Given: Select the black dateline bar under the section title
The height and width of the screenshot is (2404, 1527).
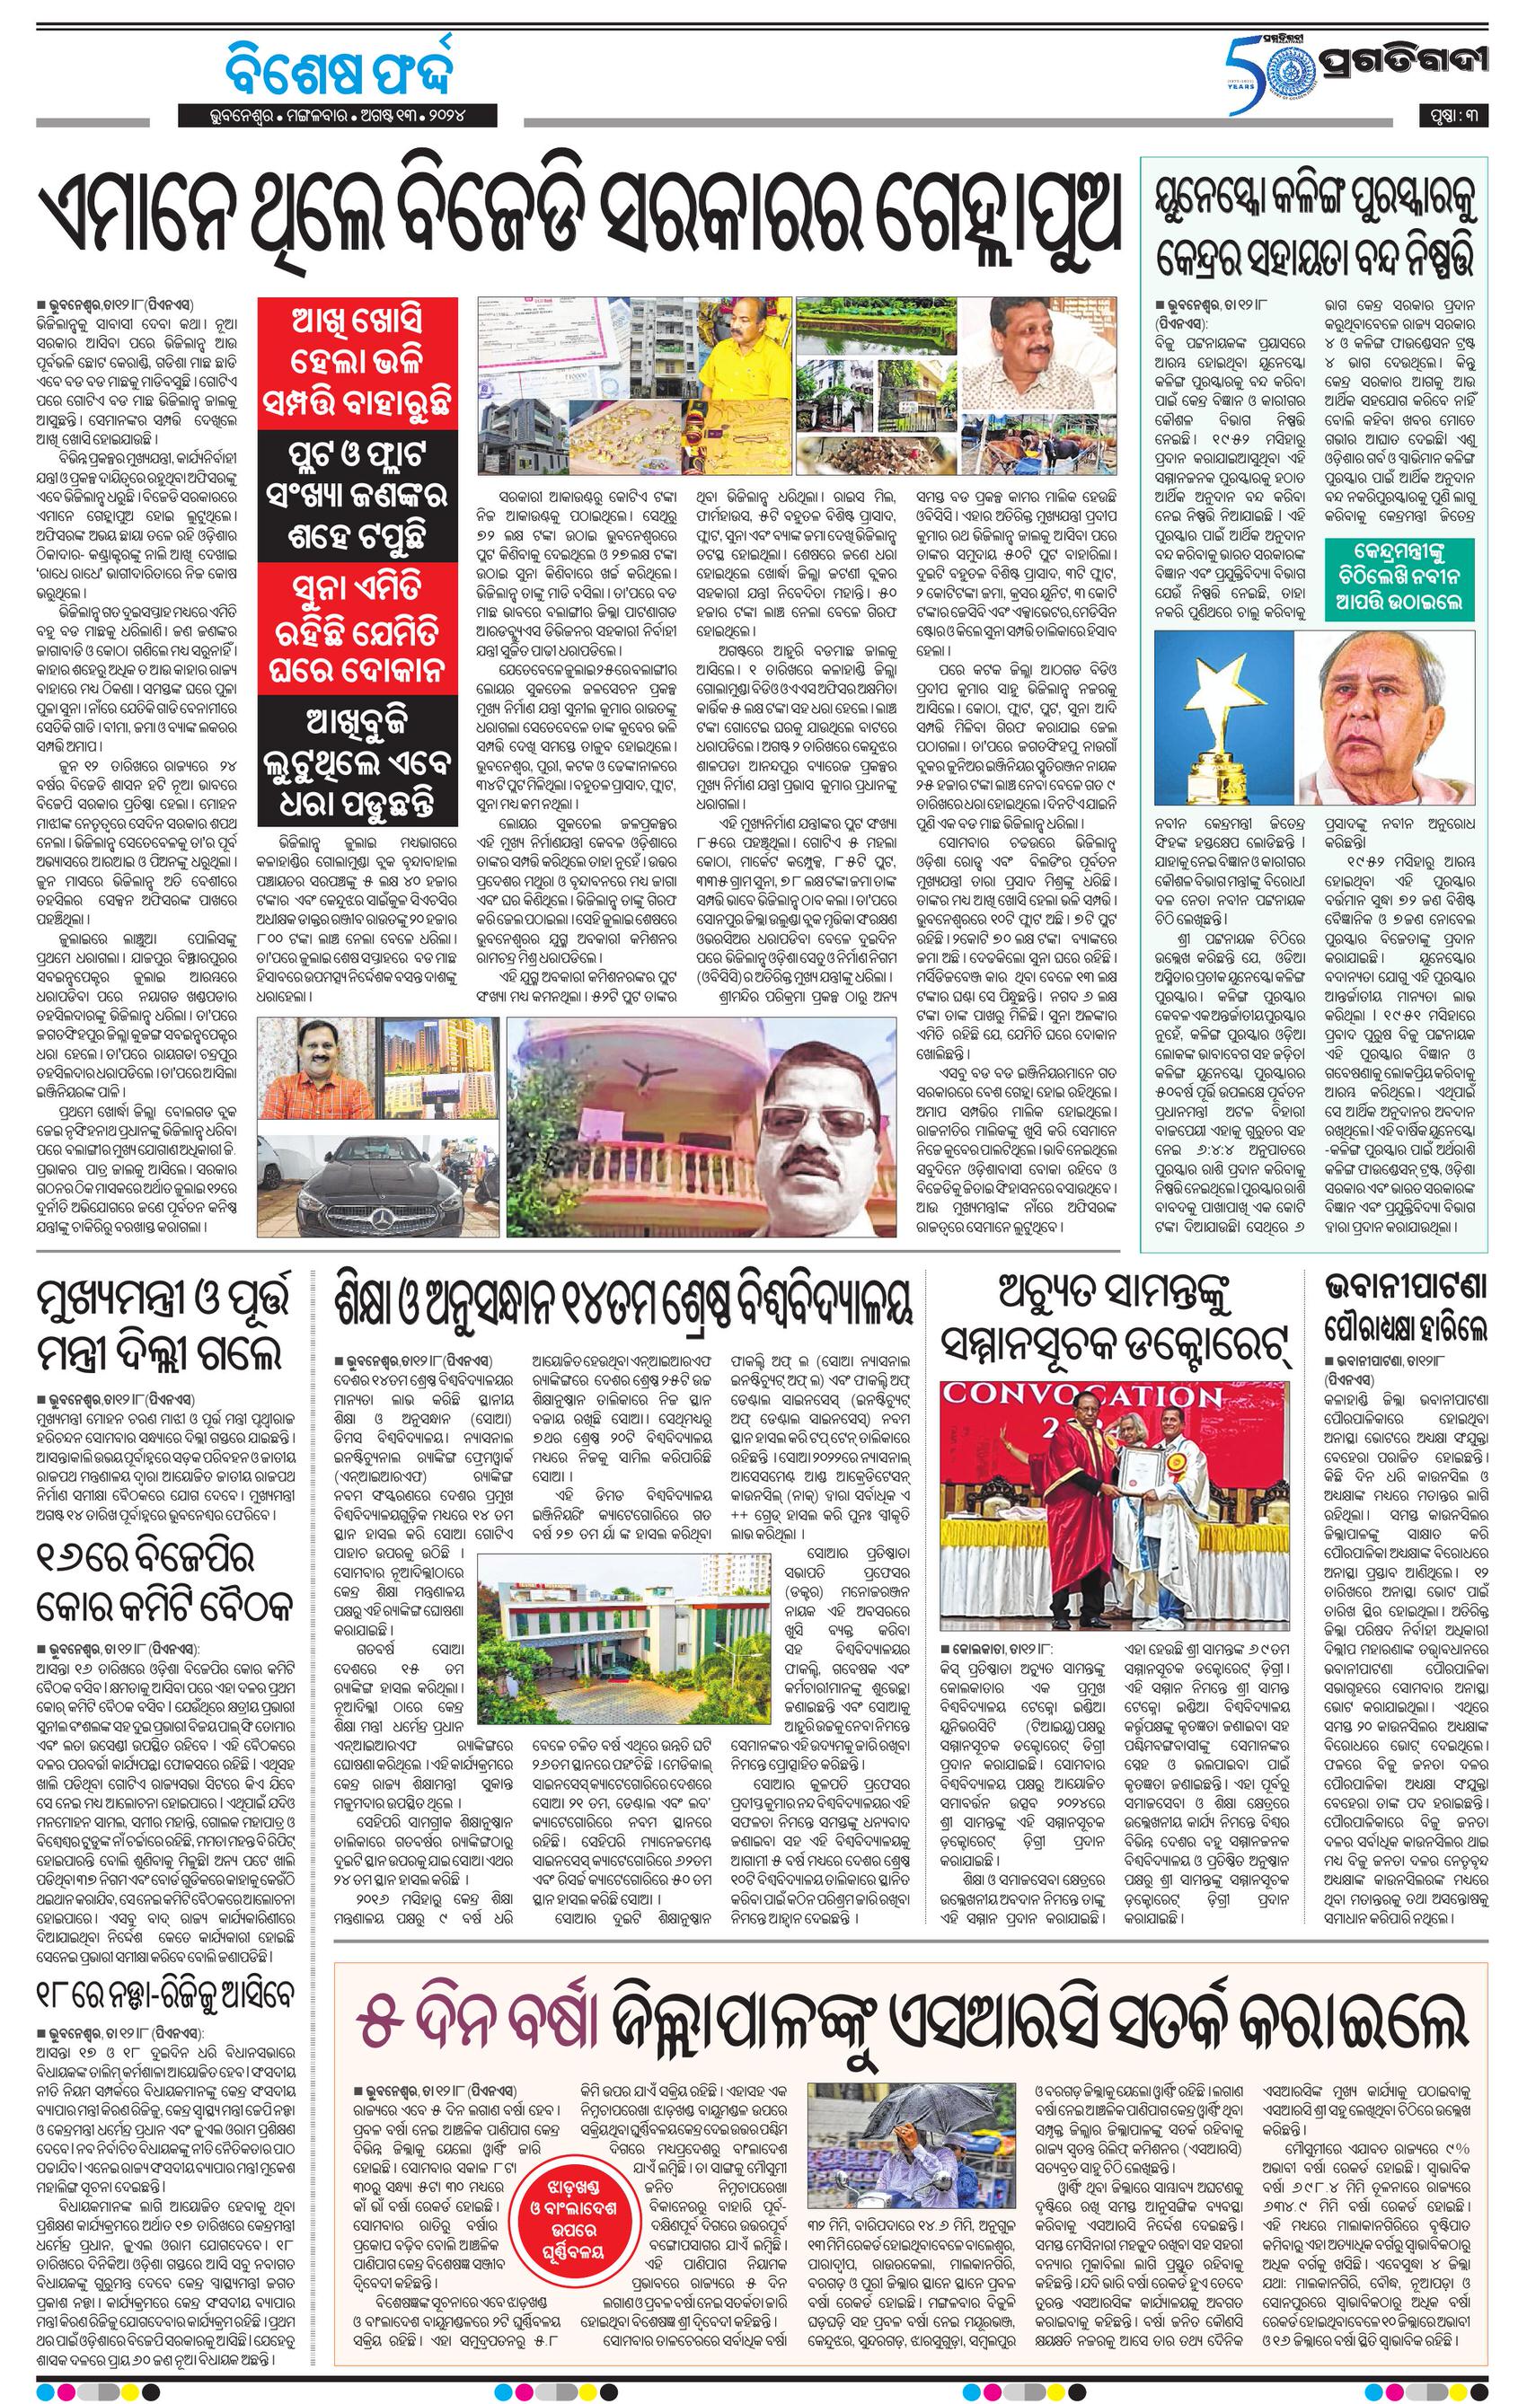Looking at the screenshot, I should (339, 115).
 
